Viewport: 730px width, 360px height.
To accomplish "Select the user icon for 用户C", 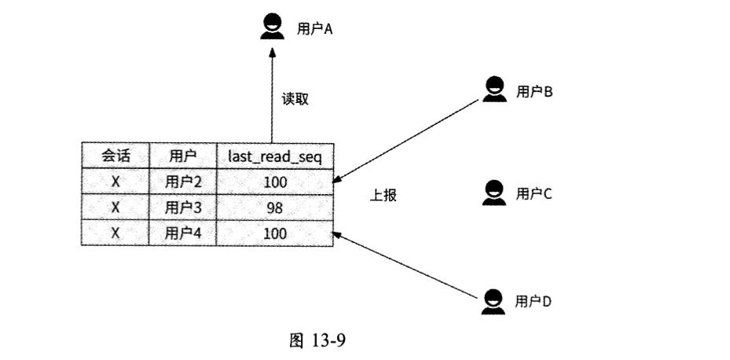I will pyautogui.click(x=493, y=193).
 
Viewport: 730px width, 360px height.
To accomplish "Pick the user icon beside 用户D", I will pyautogui.click(x=493, y=301).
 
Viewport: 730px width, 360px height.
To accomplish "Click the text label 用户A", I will pyautogui.click(x=315, y=29).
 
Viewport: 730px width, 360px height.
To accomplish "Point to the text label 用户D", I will pyautogui.click(x=534, y=301).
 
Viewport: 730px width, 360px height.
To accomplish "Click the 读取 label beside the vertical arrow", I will pyautogui.click(x=295, y=100).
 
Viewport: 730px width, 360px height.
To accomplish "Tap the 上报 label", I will pyautogui.click(x=383, y=196).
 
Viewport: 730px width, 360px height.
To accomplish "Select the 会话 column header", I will pyautogui.click(x=115, y=156).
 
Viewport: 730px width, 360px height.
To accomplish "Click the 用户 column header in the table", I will pyautogui.click(x=182, y=156).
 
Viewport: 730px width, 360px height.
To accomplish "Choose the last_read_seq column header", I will pyautogui.click(x=275, y=156).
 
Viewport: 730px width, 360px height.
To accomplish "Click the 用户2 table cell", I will pyautogui.click(x=183, y=182).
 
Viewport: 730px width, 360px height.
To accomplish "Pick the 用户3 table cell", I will pyautogui.click(x=183, y=208).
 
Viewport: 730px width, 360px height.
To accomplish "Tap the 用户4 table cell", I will pyautogui.click(x=183, y=233).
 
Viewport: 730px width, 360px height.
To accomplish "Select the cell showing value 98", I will pyautogui.click(x=274, y=208).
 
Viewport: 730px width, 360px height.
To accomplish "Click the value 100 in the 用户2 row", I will pyautogui.click(x=275, y=182).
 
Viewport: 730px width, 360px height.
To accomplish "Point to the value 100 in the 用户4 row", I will pyautogui.click(x=275, y=233).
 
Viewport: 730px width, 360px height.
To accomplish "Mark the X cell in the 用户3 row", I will pyautogui.click(x=115, y=208).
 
